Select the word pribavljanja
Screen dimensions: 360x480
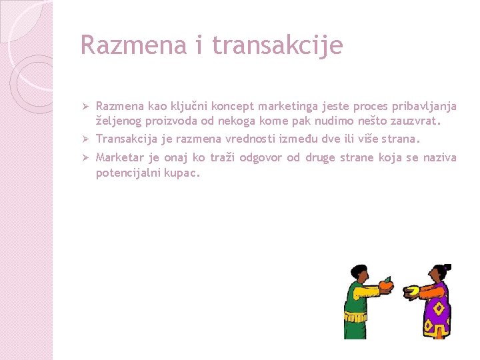click(423, 107)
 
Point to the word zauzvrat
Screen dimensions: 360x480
click(414, 121)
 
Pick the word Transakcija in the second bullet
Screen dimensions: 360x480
click(125, 139)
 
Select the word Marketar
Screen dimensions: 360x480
click(119, 158)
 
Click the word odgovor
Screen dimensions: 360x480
click(259, 158)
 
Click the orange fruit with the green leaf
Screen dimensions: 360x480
click(386, 285)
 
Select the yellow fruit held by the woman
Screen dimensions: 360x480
click(411, 291)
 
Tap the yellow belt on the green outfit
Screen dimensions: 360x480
click(354, 311)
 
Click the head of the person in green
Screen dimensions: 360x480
click(357, 273)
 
